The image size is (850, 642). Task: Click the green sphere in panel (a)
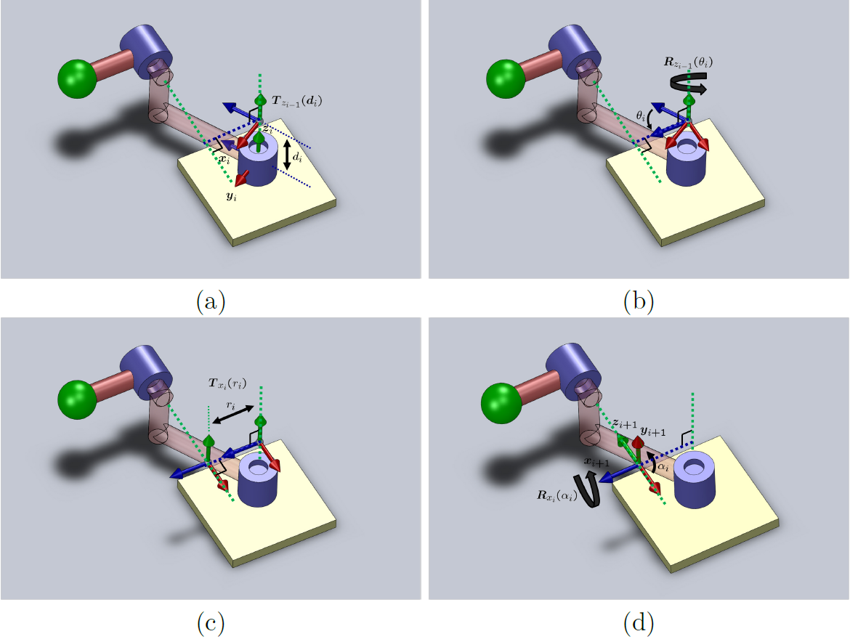pos(77,78)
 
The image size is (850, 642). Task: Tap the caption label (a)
pos(211,301)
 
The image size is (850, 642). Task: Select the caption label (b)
pos(639,301)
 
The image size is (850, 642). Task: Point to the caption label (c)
pos(211,622)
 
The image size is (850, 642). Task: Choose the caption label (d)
pos(639,622)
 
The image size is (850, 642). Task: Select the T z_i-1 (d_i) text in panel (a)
pos(298,102)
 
